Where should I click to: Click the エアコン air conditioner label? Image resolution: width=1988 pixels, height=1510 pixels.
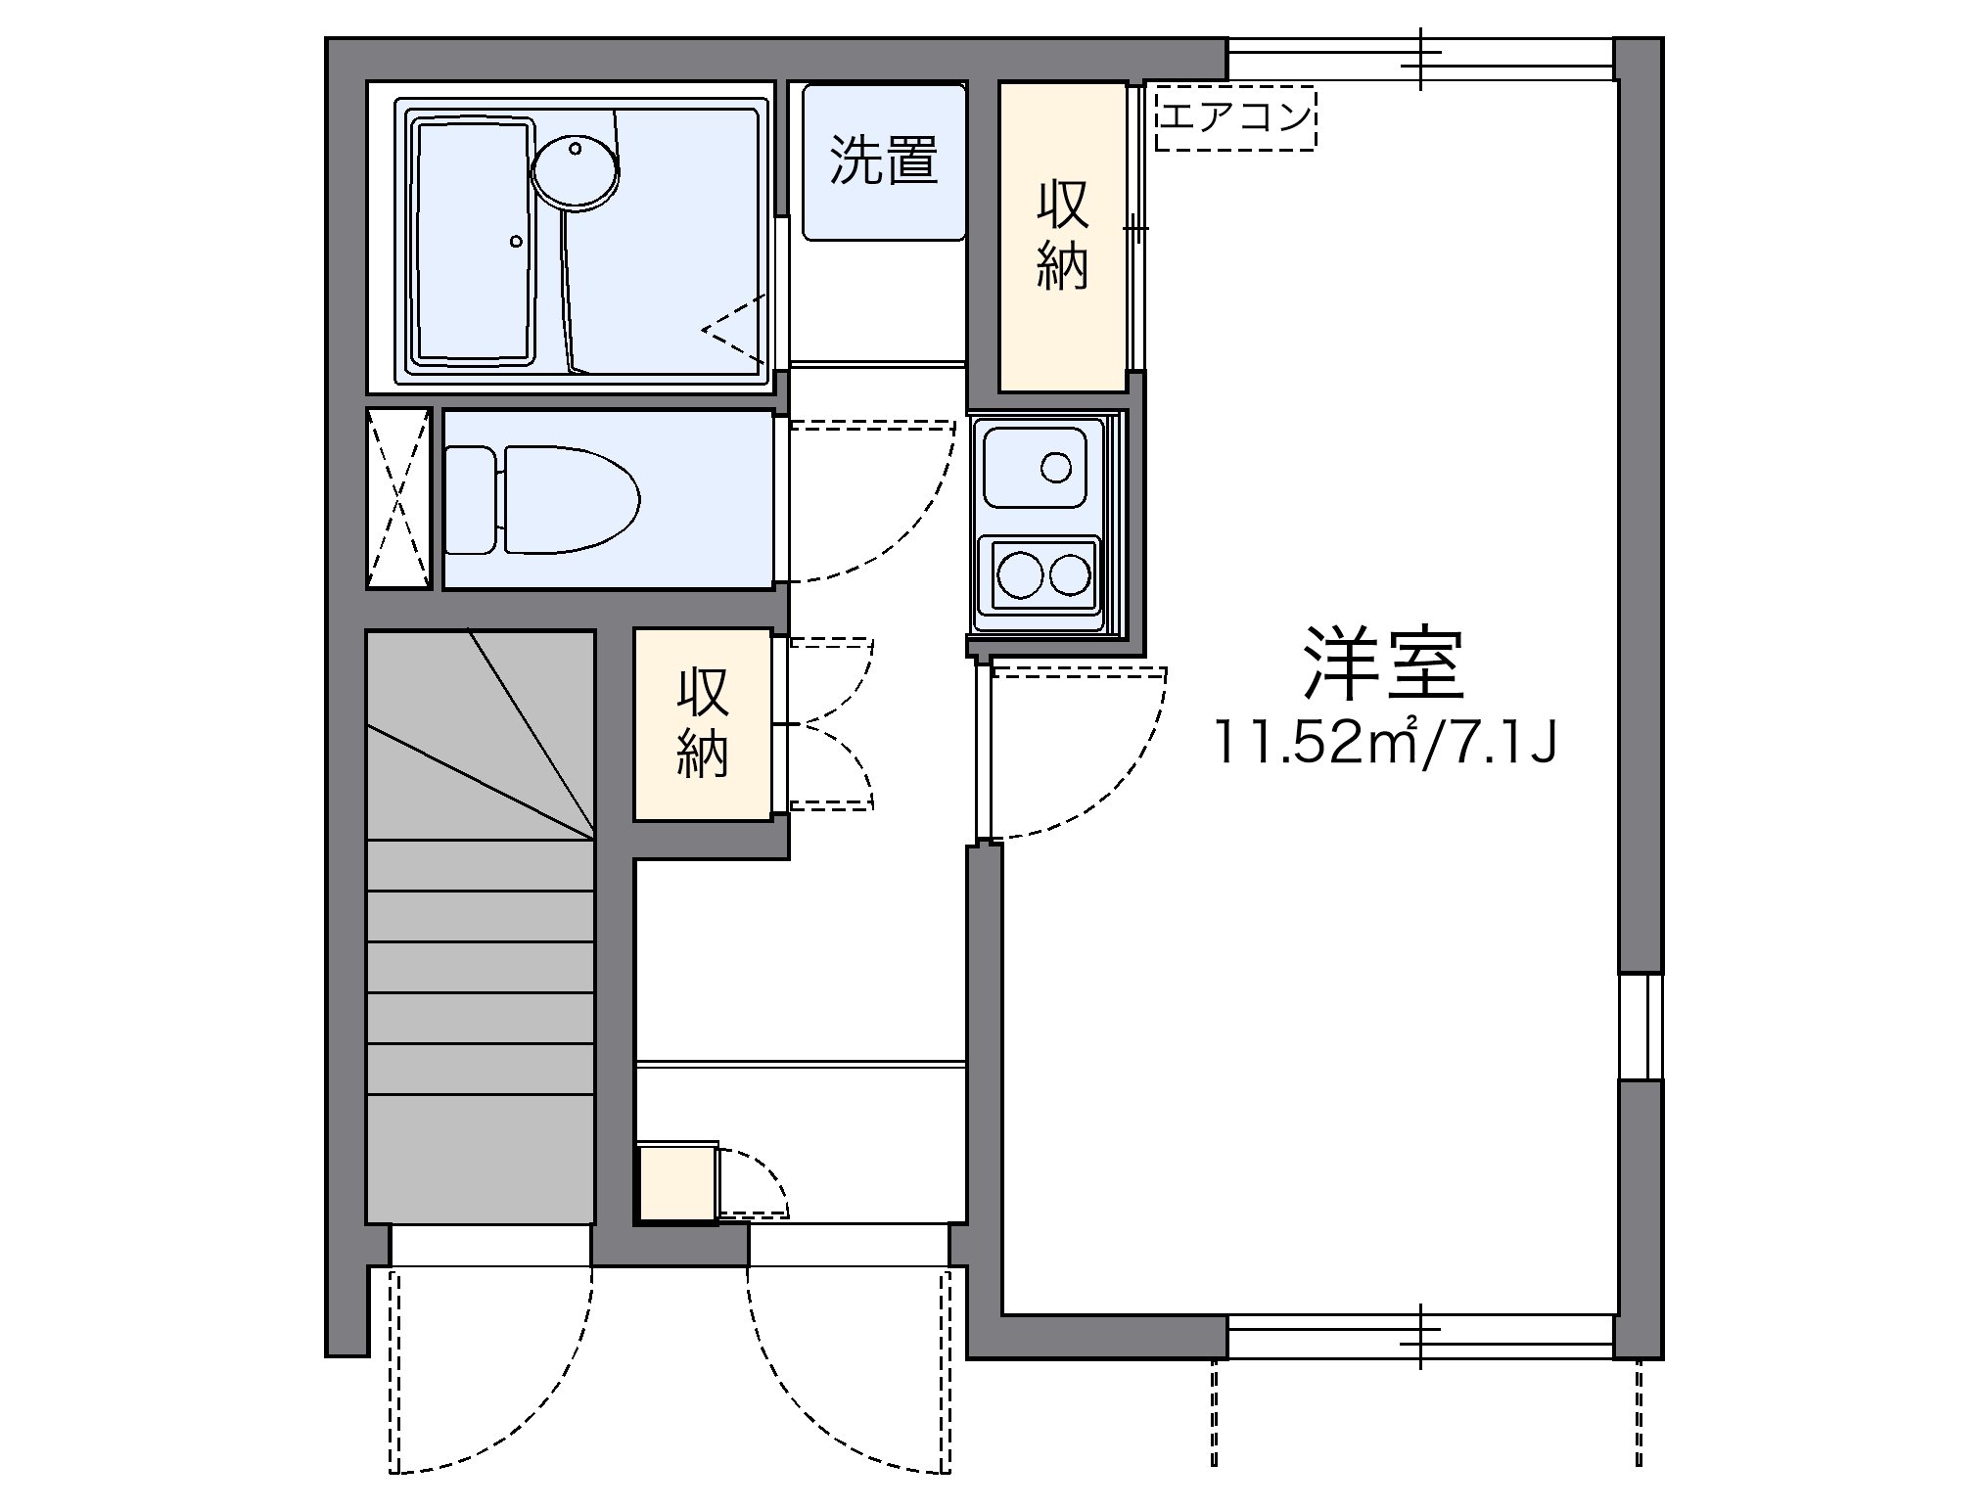coord(1235,118)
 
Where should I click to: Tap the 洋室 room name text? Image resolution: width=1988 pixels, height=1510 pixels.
coord(1383,663)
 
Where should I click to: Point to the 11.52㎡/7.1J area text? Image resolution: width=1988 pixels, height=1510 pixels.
coord(1385,743)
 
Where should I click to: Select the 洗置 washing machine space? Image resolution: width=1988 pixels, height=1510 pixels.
coord(884,161)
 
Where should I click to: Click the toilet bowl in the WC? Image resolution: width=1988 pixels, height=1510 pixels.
coord(571,498)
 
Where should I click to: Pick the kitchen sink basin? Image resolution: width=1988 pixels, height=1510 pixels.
coord(1037,467)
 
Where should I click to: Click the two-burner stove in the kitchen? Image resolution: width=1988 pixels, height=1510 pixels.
coord(1042,572)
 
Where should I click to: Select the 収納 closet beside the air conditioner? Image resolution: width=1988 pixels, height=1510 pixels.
coord(1063,237)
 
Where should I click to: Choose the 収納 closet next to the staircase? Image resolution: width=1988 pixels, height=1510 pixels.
coord(703,723)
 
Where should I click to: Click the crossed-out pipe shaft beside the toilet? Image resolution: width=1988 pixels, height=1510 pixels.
coord(398,498)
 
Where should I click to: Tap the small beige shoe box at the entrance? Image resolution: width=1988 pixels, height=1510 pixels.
coord(677,1182)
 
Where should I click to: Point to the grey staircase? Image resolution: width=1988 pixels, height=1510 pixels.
coord(481,926)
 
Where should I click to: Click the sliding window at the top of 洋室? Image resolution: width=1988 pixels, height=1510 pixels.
coord(1420,59)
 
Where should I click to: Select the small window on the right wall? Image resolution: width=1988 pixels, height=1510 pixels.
coord(1640,1026)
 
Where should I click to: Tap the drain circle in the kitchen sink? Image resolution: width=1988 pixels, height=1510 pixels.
coord(1056,468)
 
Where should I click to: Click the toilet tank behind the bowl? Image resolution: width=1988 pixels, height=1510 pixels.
coord(471,498)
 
